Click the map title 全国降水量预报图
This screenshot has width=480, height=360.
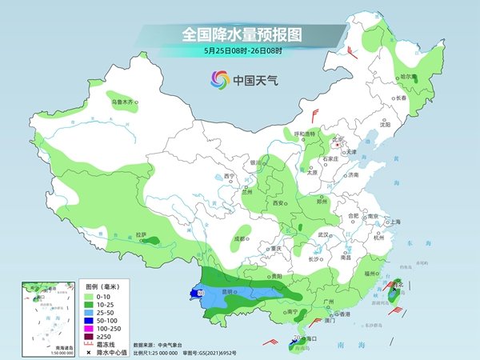point(239,34)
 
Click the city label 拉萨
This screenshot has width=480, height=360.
point(142,234)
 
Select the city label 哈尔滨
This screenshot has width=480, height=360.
point(410,77)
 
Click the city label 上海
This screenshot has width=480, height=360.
point(393,222)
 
